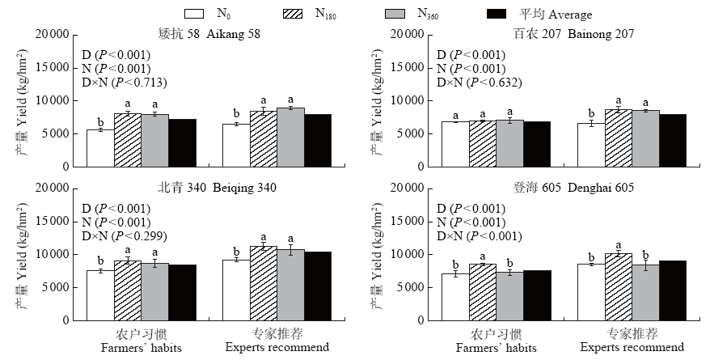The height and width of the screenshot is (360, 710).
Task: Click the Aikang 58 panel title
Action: click(x=209, y=34)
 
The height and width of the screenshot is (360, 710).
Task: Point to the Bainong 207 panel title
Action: click(x=561, y=34)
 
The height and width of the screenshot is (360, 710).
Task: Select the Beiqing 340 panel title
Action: click(x=209, y=188)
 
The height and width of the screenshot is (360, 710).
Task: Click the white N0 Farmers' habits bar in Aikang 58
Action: click(x=100, y=148)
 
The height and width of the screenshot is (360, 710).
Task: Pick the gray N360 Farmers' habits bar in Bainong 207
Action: click(x=509, y=143)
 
